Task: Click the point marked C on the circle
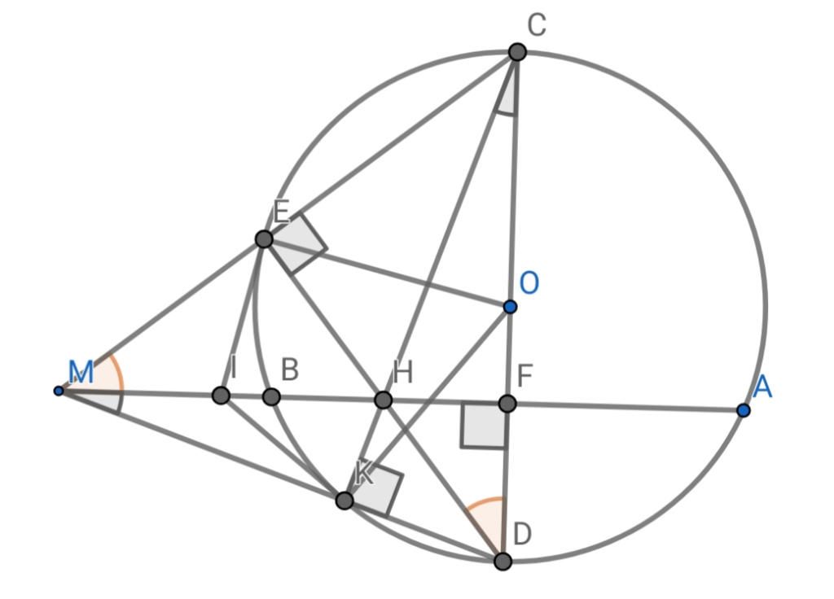[x=517, y=52]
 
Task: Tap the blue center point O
[x=510, y=307]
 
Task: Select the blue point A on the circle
[x=743, y=411]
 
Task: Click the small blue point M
[x=59, y=391]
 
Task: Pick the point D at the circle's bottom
[x=503, y=561]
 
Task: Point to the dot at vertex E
[x=264, y=238]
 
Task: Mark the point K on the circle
[x=345, y=500]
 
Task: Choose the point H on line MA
[x=384, y=400]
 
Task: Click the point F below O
[x=507, y=403]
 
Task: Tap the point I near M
[x=220, y=396]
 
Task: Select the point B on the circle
[x=271, y=397]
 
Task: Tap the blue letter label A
[x=762, y=387]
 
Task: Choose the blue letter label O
[x=529, y=283]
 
